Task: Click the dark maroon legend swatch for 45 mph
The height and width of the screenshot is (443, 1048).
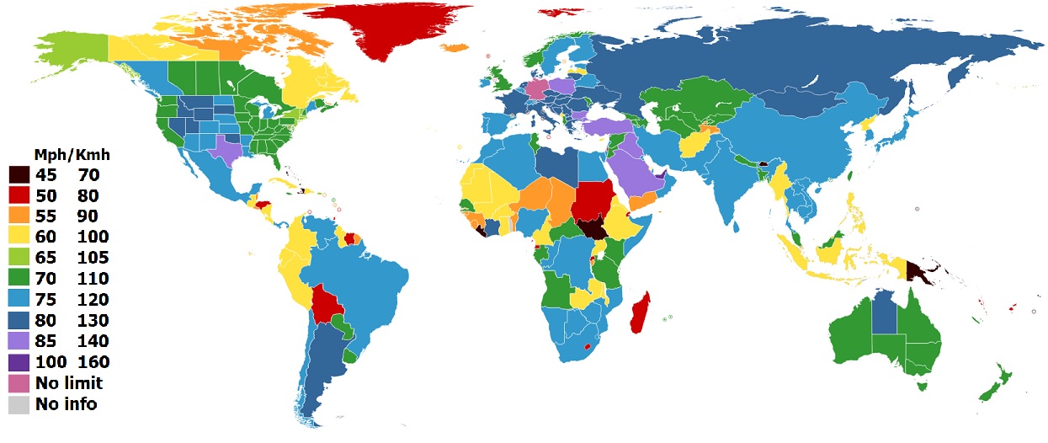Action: (x=20, y=175)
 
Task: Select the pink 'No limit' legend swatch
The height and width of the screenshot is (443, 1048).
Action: (x=20, y=383)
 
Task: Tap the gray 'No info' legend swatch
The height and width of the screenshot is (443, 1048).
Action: (x=20, y=404)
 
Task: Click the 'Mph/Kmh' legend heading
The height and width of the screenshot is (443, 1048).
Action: (x=72, y=156)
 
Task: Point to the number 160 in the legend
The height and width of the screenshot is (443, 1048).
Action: (x=92, y=362)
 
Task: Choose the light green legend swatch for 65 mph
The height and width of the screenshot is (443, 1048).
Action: (x=20, y=258)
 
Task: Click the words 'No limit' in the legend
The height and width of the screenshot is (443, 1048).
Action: (x=69, y=383)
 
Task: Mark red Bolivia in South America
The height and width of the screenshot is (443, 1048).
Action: (x=329, y=302)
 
